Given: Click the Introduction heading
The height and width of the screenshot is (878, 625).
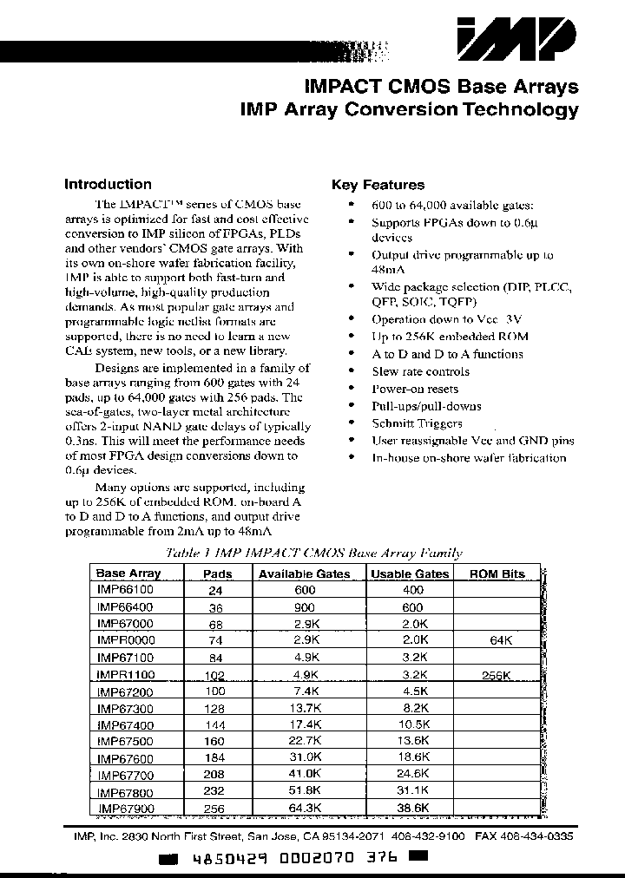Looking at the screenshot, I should tap(108, 184).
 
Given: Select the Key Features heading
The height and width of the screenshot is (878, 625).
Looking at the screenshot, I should tap(378, 185).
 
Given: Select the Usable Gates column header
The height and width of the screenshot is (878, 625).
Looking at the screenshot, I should tap(410, 573).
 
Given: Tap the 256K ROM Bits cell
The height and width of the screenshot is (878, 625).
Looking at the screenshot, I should tap(496, 674).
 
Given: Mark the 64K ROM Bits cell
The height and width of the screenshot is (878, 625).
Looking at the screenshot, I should tap(496, 640).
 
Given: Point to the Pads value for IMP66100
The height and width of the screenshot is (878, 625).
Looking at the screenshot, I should tap(215, 590).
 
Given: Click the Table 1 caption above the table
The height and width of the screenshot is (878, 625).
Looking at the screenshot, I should tap(314, 553).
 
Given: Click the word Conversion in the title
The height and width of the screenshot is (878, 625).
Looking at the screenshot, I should tap(396, 109).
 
